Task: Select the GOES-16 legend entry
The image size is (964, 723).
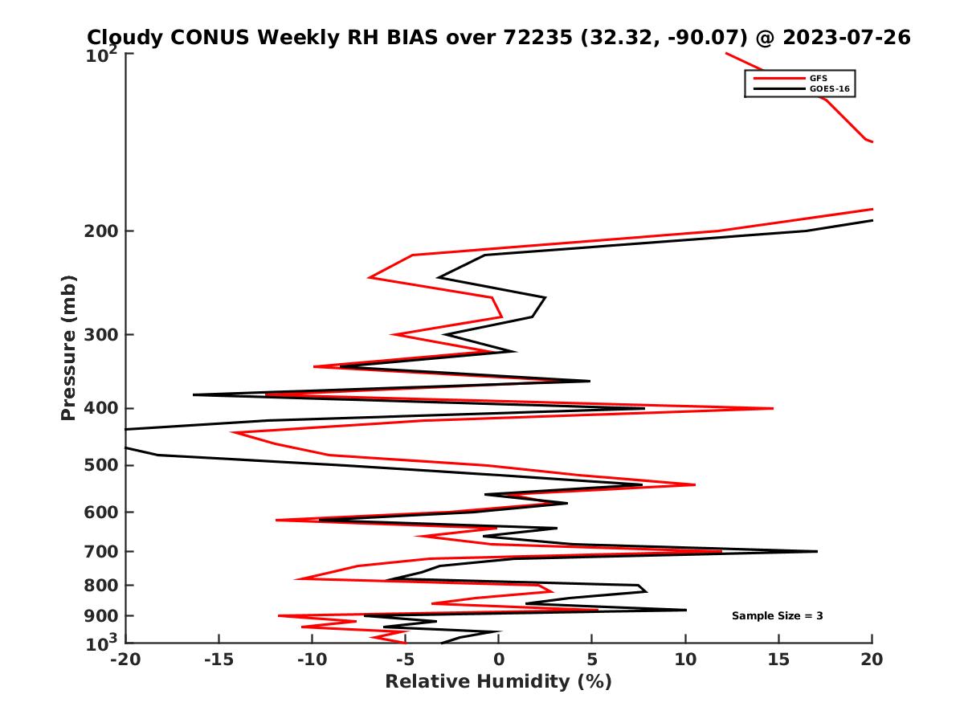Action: tap(827, 89)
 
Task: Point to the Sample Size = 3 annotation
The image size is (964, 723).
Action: tap(777, 616)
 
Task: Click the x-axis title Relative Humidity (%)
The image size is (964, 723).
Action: tap(498, 682)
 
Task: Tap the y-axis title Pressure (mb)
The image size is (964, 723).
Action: tap(68, 347)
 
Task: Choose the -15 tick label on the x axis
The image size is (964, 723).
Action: tap(218, 660)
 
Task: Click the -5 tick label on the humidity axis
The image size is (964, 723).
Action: tap(404, 660)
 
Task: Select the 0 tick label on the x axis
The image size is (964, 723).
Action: tap(498, 660)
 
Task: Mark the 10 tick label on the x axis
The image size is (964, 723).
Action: tap(685, 660)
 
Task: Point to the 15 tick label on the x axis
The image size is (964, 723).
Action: tap(778, 660)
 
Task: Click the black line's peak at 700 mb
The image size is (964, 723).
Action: tap(817, 551)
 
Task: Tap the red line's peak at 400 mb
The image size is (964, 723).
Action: tap(773, 408)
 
